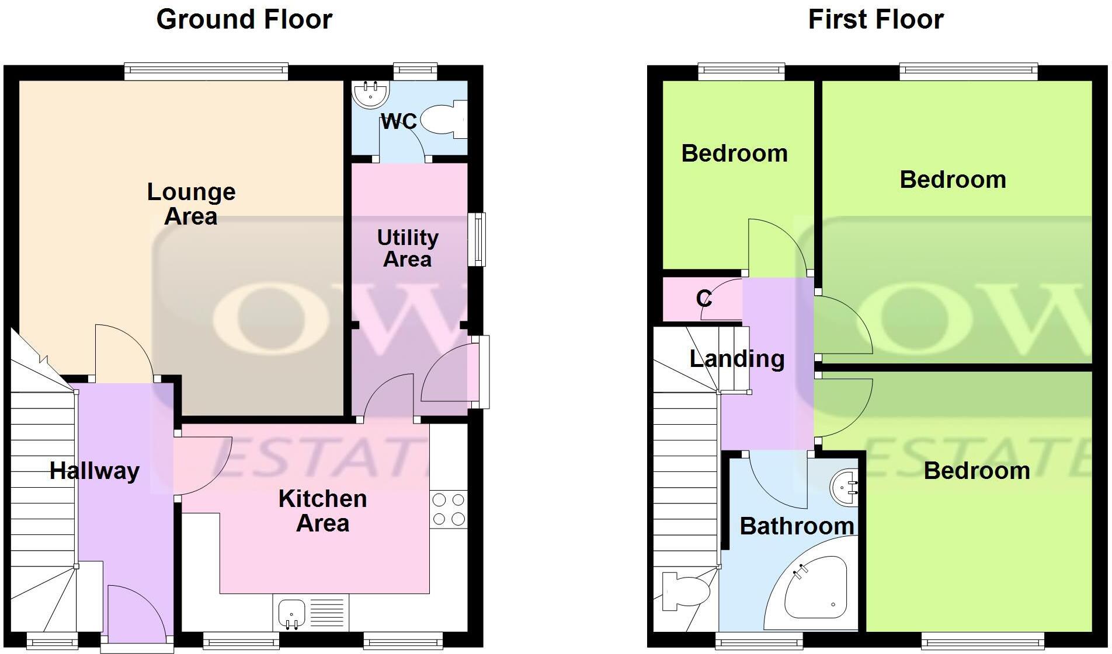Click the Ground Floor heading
pyautogui.click(x=244, y=19)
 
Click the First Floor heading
pyautogui.click(x=875, y=19)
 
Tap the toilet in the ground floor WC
pyautogui.click(x=443, y=120)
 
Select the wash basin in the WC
pyautogui.click(x=370, y=94)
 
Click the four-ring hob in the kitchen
pyautogui.click(x=449, y=509)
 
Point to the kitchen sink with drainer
pyautogui.click(x=311, y=613)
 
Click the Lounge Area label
pyautogui.click(x=191, y=204)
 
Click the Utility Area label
pyautogui.click(x=408, y=248)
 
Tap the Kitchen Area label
pyautogui.click(x=322, y=510)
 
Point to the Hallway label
pyautogui.click(x=95, y=471)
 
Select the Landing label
pyautogui.click(x=737, y=358)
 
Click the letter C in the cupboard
pyautogui.click(x=704, y=299)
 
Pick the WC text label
pyautogui.click(x=399, y=121)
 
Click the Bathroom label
pyautogui.click(x=797, y=526)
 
